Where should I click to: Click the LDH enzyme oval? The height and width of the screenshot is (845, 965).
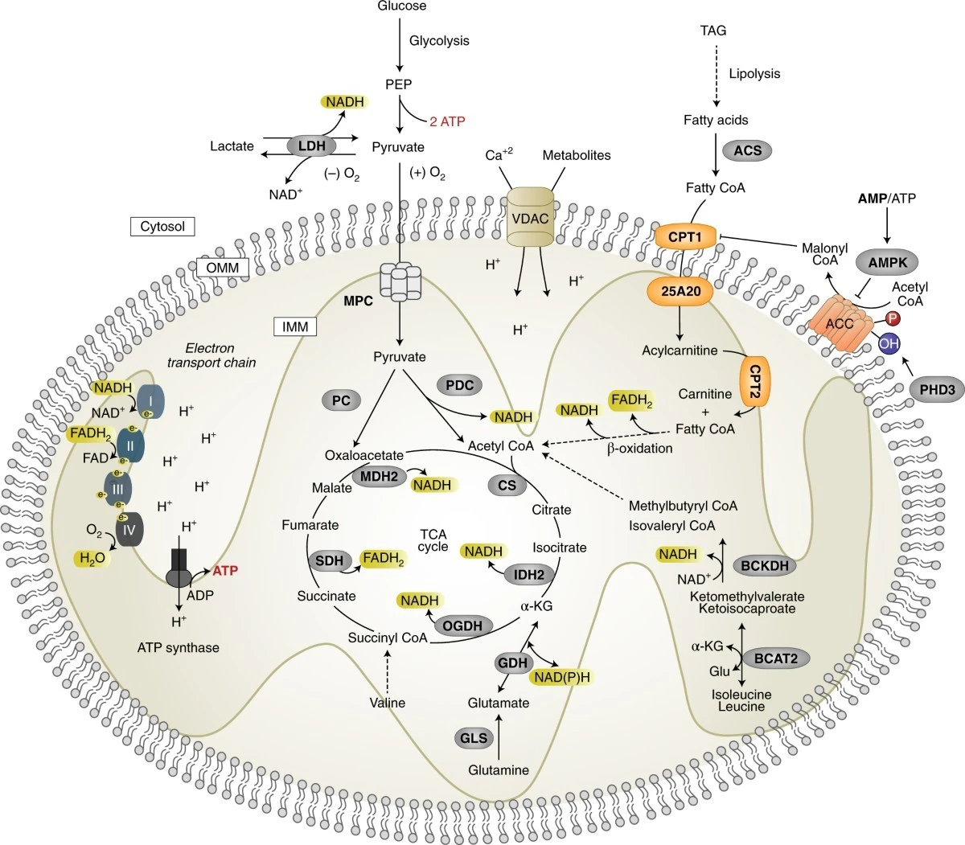(311, 146)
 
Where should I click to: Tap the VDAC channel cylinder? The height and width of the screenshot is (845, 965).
(530, 217)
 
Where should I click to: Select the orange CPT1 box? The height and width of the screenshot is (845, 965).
(685, 236)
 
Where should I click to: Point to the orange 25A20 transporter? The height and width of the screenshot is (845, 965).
(680, 291)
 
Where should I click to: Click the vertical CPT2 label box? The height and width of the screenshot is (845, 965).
(754, 381)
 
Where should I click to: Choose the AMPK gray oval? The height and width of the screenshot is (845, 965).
(887, 262)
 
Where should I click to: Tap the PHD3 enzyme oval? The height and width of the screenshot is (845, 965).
(937, 389)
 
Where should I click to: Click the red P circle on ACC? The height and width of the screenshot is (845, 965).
(893, 318)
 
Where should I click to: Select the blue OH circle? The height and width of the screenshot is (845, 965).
(889, 343)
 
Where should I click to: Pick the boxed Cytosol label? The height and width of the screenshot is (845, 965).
(162, 227)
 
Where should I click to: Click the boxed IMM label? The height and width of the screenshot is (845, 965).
(295, 326)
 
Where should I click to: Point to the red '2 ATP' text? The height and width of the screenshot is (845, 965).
(447, 121)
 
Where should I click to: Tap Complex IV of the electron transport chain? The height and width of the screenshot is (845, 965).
(129, 529)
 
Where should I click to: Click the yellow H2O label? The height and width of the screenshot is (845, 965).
(92, 558)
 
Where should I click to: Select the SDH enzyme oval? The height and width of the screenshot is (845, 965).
(329, 560)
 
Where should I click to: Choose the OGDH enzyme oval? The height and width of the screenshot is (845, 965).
(462, 626)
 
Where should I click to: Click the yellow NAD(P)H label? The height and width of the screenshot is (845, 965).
(561, 677)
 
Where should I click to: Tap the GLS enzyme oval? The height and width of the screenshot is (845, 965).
(473, 738)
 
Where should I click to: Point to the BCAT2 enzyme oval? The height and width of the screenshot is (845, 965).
(775, 658)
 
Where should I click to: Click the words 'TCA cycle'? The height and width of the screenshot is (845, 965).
(433, 540)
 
